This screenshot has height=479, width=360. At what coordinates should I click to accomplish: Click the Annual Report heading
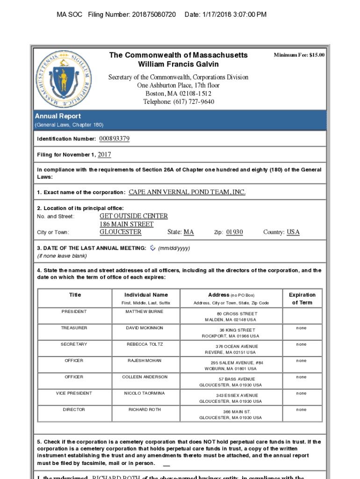(58, 116)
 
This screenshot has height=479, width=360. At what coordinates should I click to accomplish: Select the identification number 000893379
(114, 139)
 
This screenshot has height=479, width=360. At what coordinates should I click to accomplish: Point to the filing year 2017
(104, 155)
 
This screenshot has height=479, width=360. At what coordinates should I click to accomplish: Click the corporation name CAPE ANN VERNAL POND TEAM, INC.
(187, 192)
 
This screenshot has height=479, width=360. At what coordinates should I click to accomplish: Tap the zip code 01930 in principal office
(235, 232)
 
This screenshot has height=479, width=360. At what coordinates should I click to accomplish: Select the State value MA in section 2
(188, 232)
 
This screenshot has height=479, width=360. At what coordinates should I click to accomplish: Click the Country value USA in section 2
(293, 232)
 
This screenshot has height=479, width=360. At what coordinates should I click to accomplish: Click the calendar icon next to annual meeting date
(152, 248)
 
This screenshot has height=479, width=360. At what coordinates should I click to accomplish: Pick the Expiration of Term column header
(302, 298)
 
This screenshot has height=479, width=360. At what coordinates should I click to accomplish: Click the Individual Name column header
(146, 295)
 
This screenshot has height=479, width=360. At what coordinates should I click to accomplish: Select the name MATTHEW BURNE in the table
(144, 312)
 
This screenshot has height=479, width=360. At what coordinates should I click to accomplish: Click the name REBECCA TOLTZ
(145, 344)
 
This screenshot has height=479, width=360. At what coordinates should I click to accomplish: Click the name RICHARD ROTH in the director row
(145, 410)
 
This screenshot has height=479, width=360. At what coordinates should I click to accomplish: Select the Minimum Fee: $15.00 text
(299, 55)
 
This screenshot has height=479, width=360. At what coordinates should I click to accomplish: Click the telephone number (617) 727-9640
(179, 102)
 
